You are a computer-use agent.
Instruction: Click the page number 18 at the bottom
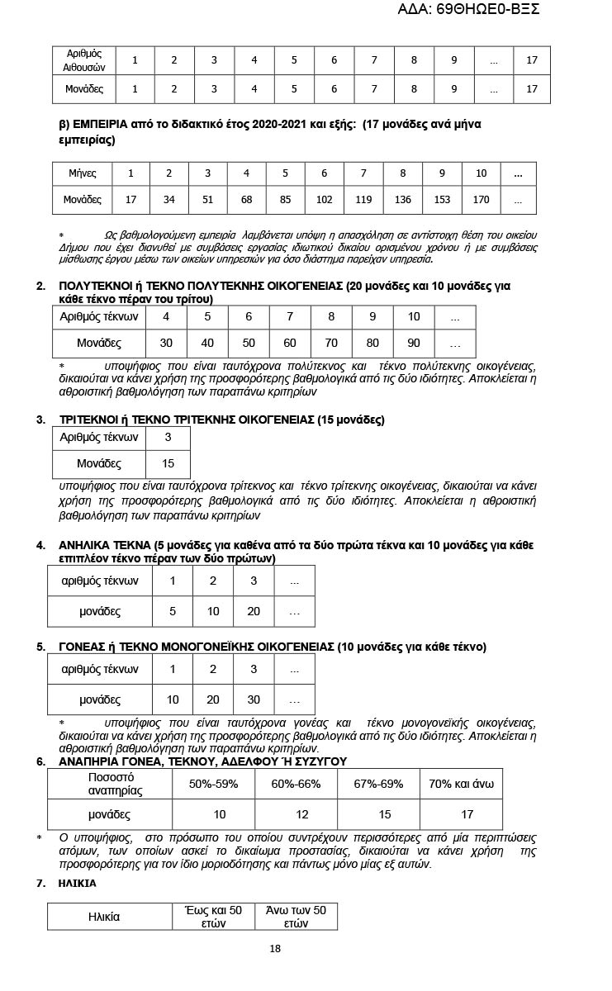pos(275,948)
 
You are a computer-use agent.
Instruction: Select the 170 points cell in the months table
pos(482,200)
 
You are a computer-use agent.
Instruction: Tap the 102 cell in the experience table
pos(325,200)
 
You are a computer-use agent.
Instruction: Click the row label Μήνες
pos(83,173)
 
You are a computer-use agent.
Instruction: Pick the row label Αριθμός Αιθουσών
pos(83,60)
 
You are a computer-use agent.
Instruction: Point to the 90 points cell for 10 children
pos(414,343)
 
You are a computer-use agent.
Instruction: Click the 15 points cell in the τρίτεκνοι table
pos(168,463)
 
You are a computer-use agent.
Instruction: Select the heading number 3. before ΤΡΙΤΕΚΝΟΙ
pos(40,420)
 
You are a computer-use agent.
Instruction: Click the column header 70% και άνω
pos(462,784)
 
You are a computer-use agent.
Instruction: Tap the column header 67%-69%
pos(378,784)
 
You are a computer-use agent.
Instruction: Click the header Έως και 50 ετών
pos(213,917)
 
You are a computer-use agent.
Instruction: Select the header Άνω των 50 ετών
pos(296,917)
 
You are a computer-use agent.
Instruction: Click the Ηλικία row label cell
pos(104,917)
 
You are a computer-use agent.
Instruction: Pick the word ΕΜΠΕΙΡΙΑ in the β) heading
pos(105,125)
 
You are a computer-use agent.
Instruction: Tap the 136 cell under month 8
pos(403,200)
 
